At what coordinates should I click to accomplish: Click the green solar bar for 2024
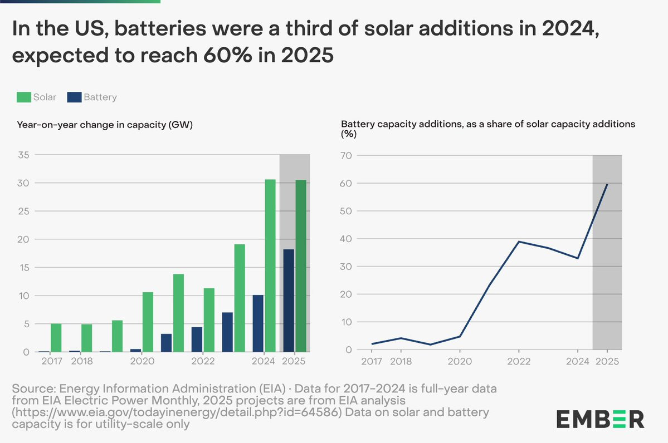(270, 265)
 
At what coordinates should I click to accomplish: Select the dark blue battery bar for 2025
(289, 301)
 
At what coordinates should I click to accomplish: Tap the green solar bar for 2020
(148, 322)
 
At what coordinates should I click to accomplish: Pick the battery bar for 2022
(197, 339)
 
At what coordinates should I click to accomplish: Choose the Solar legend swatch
(23, 97)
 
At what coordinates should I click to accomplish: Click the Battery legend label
(100, 97)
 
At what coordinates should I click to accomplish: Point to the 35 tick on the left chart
(23, 155)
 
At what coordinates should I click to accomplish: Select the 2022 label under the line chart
(519, 361)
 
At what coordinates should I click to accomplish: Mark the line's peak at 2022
(519, 242)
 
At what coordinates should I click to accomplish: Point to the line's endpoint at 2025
(607, 184)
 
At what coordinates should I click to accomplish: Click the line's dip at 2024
(578, 258)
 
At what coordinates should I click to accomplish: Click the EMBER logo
(601, 419)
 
